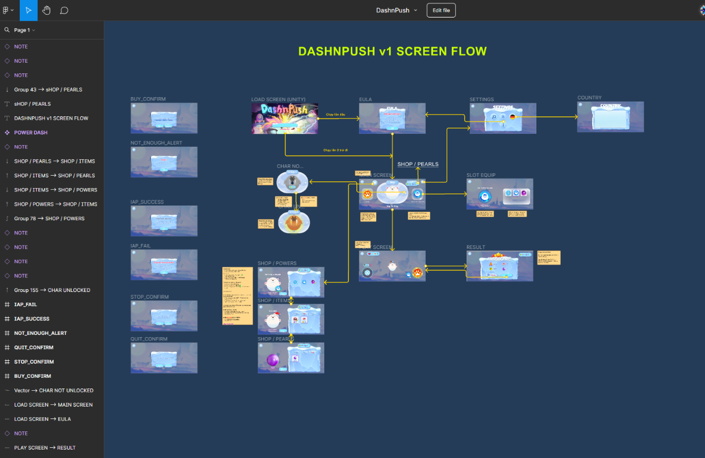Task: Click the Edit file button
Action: (441, 10)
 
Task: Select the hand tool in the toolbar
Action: (46, 10)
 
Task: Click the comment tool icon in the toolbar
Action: (64, 10)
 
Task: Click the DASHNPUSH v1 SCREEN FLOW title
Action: (392, 51)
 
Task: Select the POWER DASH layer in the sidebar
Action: (31, 133)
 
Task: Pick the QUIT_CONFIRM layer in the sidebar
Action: (34, 347)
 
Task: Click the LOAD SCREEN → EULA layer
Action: (42, 419)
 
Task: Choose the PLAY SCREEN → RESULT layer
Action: (45, 448)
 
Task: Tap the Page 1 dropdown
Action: (24, 30)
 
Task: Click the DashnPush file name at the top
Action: (393, 10)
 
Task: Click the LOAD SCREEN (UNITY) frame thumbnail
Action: (285, 119)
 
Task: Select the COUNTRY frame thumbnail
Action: (610, 117)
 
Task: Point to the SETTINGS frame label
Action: (482, 100)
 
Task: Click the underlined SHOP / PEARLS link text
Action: (418, 164)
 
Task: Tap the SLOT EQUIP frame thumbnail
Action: (499, 194)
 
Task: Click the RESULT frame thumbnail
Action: (499, 266)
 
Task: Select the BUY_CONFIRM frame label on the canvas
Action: (148, 99)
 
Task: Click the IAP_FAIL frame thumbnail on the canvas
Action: (164, 265)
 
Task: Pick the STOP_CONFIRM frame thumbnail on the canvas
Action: (164, 316)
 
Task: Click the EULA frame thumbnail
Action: (392, 119)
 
